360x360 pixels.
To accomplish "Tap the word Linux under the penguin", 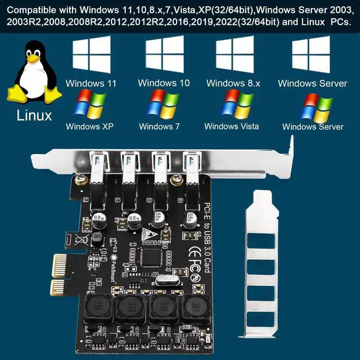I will (34, 116).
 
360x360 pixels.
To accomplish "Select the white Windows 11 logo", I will (91, 55).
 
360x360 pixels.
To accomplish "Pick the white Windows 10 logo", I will (164, 55).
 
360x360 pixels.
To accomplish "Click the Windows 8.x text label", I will (233, 84).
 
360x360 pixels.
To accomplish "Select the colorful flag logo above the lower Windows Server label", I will (318, 107).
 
